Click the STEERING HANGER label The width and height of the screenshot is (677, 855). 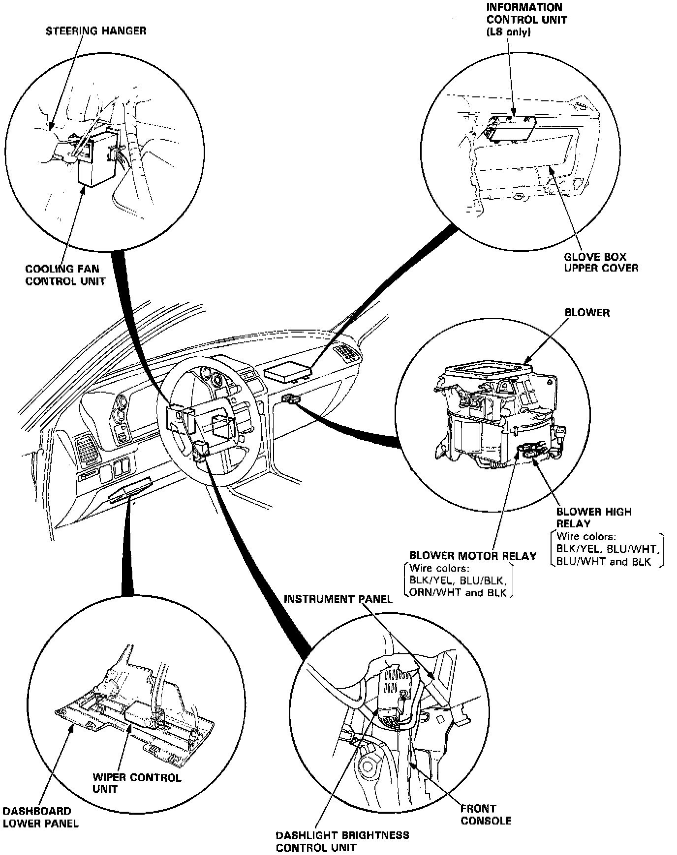(x=96, y=31)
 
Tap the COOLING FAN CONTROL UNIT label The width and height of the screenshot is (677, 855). (x=65, y=275)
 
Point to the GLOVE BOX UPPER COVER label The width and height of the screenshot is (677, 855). (x=601, y=262)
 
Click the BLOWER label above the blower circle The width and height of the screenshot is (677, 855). (x=586, y=312)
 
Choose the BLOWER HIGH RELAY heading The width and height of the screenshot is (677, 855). (x=593, y=517)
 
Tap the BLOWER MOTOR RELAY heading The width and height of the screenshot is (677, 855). (x=472, y=556)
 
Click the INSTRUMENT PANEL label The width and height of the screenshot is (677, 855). (x=338, y=599)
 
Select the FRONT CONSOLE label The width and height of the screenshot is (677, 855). (x=486, y=814)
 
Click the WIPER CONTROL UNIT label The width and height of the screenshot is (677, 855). (x=137, y=783)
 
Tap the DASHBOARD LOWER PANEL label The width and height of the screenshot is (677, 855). (x=40, y=817)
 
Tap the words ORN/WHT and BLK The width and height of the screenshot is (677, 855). (x=458, y=593)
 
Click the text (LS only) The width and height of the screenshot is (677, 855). (x=509, y=32)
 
